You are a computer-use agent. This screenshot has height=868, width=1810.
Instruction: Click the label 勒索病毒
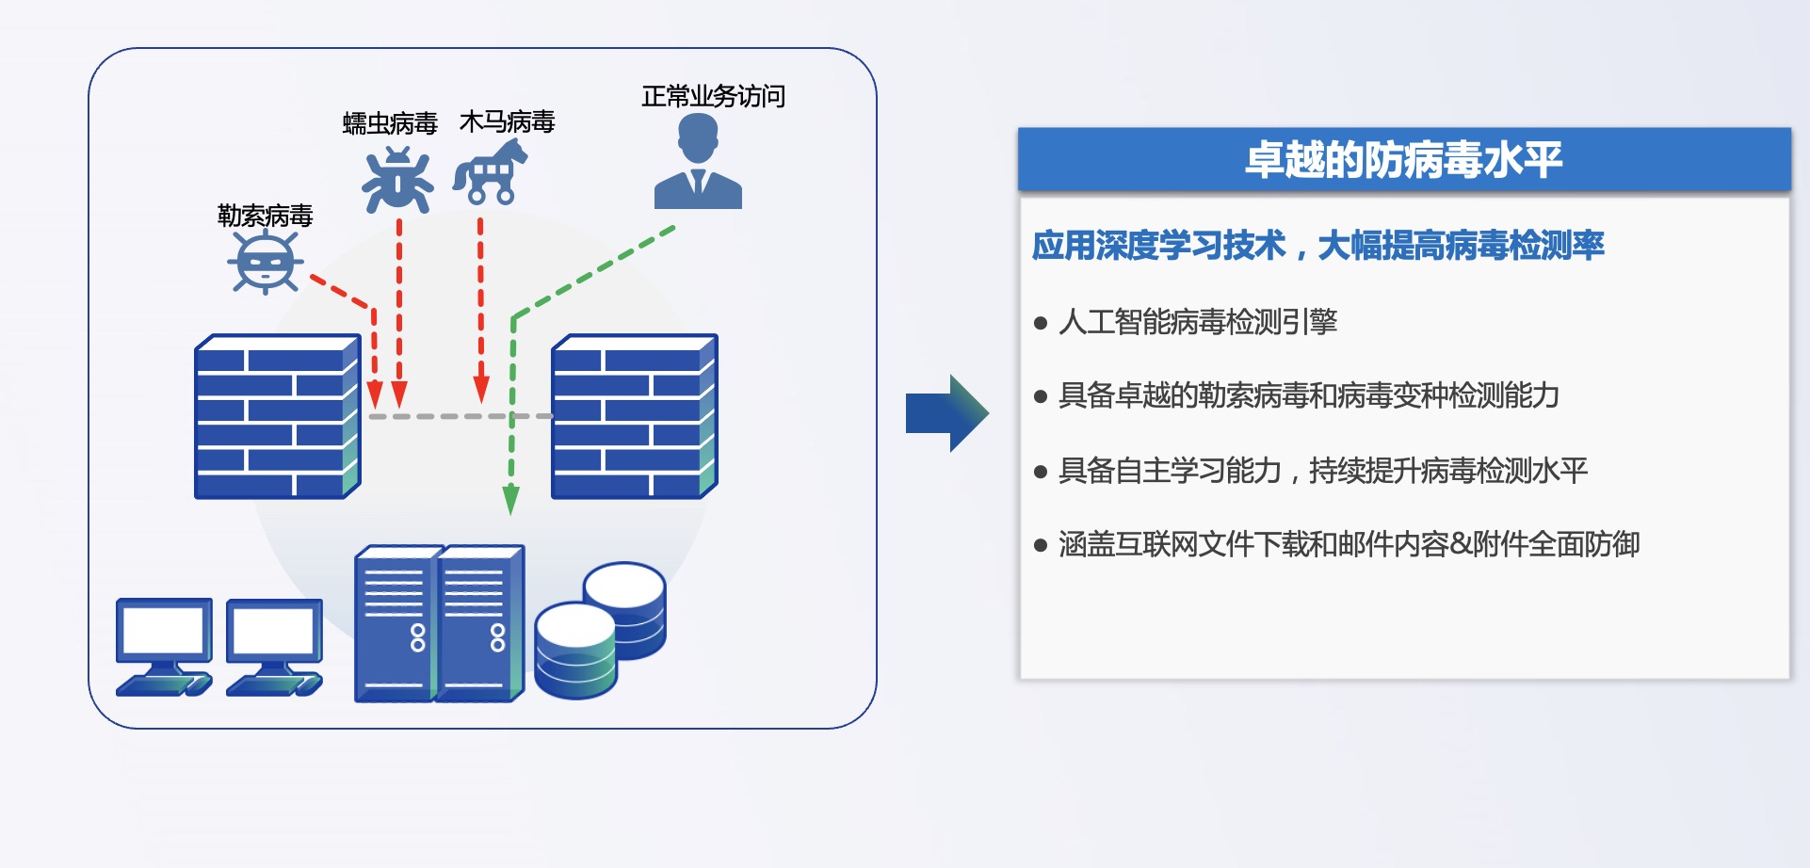[x=265, y=216]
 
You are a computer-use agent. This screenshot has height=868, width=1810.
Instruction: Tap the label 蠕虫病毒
[x=390, y=123]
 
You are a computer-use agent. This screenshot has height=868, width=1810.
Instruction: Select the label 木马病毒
[x=507, y=121]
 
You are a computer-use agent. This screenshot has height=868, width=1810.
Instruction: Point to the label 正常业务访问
[x=713, y=96]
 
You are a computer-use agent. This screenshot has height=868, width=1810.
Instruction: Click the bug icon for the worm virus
[x=398, y=180]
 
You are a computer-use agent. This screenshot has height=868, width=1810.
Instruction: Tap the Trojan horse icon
[x=491, y=172]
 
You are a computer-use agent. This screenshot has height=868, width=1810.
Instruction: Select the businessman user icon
[x=698, y=163]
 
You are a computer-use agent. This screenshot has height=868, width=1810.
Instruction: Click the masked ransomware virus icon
[x=265, y=262]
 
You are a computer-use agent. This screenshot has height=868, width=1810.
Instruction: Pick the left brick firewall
[x=277, y=416]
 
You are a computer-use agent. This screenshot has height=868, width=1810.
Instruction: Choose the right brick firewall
[x=634, y=416]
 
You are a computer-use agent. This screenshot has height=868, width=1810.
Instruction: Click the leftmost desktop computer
[x=164, y=646]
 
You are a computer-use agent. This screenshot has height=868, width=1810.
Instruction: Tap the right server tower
[x=479, y=623]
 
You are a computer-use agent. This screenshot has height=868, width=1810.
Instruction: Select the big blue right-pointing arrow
[x=946, y=413]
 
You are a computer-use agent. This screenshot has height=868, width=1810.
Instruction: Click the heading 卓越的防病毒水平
[x=1403, y=160]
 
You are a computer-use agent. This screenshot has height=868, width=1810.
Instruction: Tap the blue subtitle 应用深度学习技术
[x=1159, y=246]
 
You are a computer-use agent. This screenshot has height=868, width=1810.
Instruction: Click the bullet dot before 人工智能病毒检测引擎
[x=1041, y=323]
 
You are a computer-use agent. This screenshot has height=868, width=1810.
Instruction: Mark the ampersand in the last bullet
[x=1460, y=544]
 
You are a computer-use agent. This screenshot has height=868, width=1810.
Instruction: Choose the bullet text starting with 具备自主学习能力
[x=1323, y=470]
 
